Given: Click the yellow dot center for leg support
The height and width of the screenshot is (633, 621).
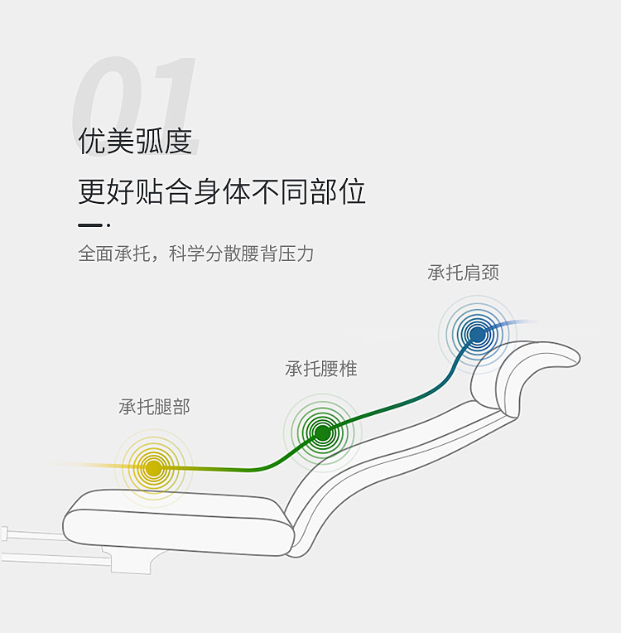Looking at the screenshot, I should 153,468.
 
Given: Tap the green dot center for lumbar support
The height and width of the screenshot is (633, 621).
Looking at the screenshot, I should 323,432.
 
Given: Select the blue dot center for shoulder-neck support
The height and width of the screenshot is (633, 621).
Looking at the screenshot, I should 477,334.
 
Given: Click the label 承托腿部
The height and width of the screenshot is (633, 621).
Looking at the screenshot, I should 154,407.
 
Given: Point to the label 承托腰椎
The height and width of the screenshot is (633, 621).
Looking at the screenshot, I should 321,369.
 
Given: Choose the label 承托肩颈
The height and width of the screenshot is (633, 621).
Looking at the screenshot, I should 463,273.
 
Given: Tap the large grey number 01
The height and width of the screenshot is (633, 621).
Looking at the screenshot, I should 137,95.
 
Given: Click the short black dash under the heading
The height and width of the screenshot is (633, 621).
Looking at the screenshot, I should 90,225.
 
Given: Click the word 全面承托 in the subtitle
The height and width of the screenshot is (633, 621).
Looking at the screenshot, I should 114,254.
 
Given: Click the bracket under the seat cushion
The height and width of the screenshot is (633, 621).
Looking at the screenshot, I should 128,560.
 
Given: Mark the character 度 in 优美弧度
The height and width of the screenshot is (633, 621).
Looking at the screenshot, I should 178,141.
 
